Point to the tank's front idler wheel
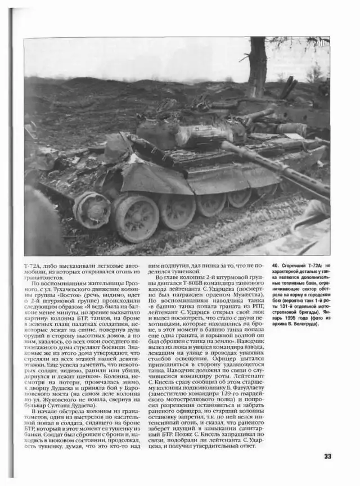(92, 209)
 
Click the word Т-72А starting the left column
(33, 264)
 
